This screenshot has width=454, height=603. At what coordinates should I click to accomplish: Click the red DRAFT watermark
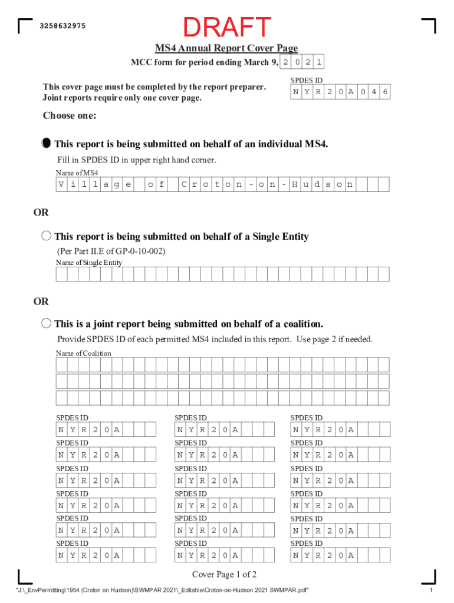227,27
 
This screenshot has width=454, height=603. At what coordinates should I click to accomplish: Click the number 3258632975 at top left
62,26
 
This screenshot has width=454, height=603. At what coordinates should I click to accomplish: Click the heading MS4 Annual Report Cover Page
226,48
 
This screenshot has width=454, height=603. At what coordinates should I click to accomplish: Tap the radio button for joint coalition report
47,323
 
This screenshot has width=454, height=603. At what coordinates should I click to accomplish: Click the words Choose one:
70,116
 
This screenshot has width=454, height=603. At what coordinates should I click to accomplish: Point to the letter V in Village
61,185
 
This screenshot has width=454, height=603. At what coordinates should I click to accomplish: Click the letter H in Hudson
295,185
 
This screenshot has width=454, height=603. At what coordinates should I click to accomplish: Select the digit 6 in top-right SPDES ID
384,92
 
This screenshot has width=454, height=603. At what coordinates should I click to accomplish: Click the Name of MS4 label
77,173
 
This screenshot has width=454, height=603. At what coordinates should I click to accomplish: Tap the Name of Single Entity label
89,262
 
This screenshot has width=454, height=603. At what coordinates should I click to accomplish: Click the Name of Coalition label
83,353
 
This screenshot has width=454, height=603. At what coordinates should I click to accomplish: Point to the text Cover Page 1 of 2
224,575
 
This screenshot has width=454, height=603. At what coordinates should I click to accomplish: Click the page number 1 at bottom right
432,591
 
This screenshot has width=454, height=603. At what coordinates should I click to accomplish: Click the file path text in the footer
162,591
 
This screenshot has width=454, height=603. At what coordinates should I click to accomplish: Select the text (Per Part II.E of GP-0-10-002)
111,251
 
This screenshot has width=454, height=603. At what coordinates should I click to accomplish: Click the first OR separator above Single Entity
41,212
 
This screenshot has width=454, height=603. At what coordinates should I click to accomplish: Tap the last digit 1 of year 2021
319,62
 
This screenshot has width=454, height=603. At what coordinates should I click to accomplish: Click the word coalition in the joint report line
301,324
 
